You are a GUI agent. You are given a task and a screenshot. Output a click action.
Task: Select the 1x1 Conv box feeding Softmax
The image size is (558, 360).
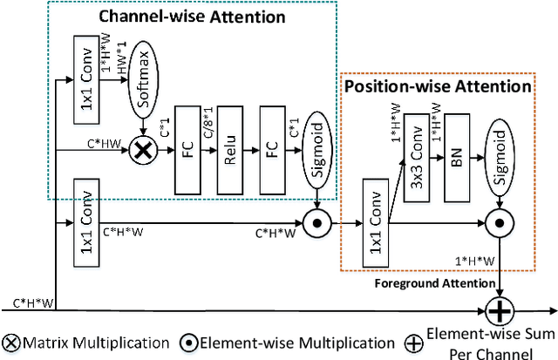pyautogui.click(x=87, y=76)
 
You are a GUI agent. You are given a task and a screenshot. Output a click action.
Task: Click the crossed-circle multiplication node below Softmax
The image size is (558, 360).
pyautogui.click(x=141, y=153)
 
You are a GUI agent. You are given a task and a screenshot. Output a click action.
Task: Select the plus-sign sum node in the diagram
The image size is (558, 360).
pyautogui.click(x=499, y=309)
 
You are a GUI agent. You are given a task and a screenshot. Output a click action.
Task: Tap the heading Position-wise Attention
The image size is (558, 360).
pyautogui.click(x=438, y=86)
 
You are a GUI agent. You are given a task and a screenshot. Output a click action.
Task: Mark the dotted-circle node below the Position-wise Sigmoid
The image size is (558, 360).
pyautogui.click(x=499, y=222)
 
